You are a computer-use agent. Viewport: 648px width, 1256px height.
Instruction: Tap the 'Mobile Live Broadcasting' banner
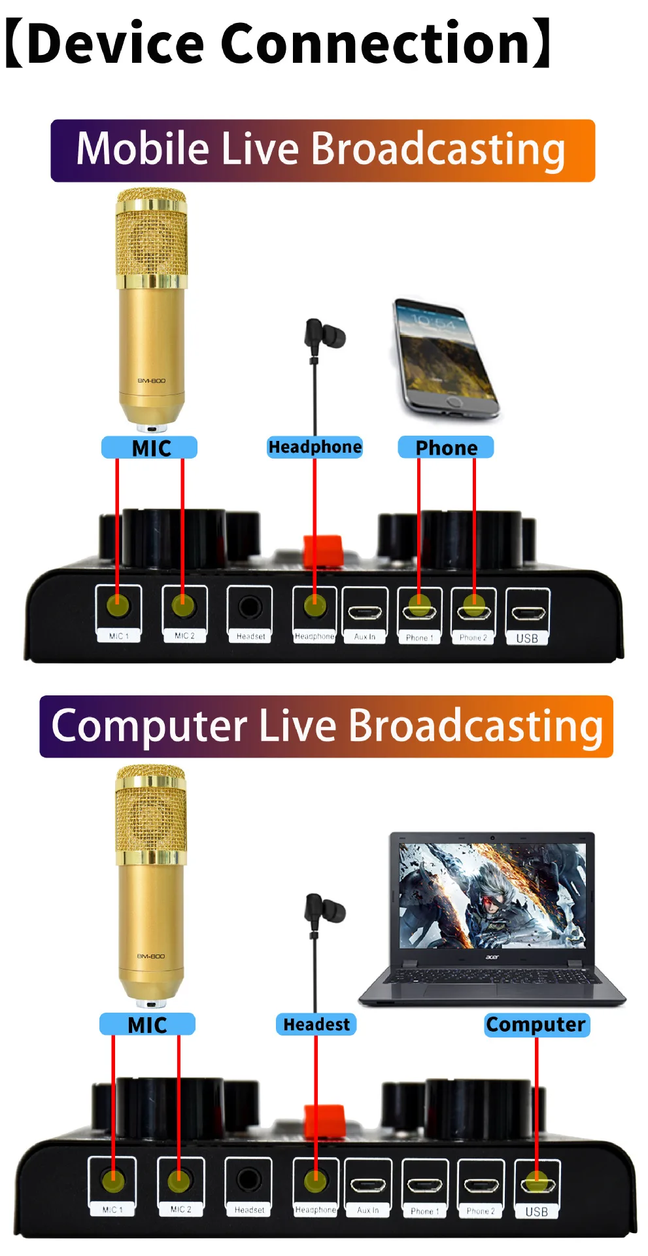(x=322, y=150)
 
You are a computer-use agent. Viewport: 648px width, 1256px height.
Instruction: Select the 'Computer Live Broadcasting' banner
(x=326, y=727)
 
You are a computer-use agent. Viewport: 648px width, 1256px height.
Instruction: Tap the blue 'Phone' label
(x=446, y=447)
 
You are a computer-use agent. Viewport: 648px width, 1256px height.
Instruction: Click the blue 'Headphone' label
(x=315, y=447)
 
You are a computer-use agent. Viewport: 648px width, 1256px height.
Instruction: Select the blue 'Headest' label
(x=316, y=1024)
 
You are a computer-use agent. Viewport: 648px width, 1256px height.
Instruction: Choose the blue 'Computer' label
(x=536, y=1024)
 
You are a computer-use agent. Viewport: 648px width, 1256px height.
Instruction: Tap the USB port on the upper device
(x=528, y=612)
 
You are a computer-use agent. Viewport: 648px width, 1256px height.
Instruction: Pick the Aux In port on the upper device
(x=365, y=612)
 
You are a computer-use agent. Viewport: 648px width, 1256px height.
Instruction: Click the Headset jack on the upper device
(x=250, y=607)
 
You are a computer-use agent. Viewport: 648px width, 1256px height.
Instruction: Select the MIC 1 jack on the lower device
(x=112, y=1181)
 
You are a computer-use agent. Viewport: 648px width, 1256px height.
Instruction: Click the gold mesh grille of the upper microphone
(x=152, y=235)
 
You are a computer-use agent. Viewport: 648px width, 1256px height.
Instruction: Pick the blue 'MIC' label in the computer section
(x=147, y=1024)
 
